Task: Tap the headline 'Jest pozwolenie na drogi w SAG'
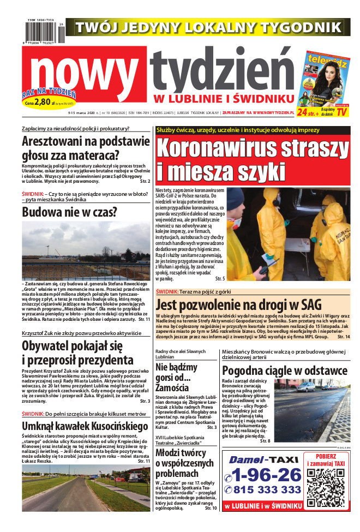click(x=238, y=304)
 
